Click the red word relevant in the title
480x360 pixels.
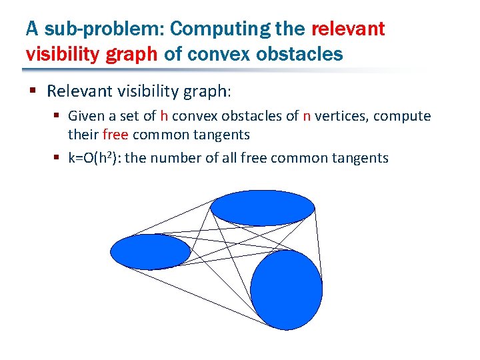coord(348,29)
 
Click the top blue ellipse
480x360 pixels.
coord(262,208)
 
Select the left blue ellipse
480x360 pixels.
coord(150,251)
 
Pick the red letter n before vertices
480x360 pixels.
coord(307,117)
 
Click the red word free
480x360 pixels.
coord(116,135)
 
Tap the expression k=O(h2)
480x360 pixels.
coord(97,158)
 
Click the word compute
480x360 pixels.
coord(402,117)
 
